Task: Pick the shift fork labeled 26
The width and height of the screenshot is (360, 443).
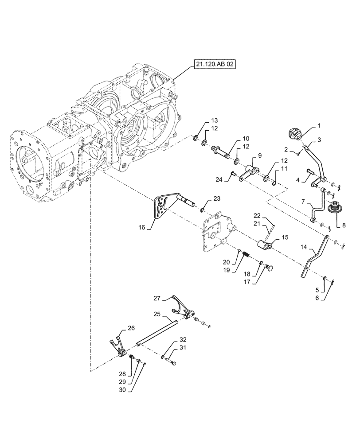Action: point(117,345)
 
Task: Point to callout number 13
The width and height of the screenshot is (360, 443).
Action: point(214,120)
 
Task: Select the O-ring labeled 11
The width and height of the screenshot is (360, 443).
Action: point(274,181)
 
